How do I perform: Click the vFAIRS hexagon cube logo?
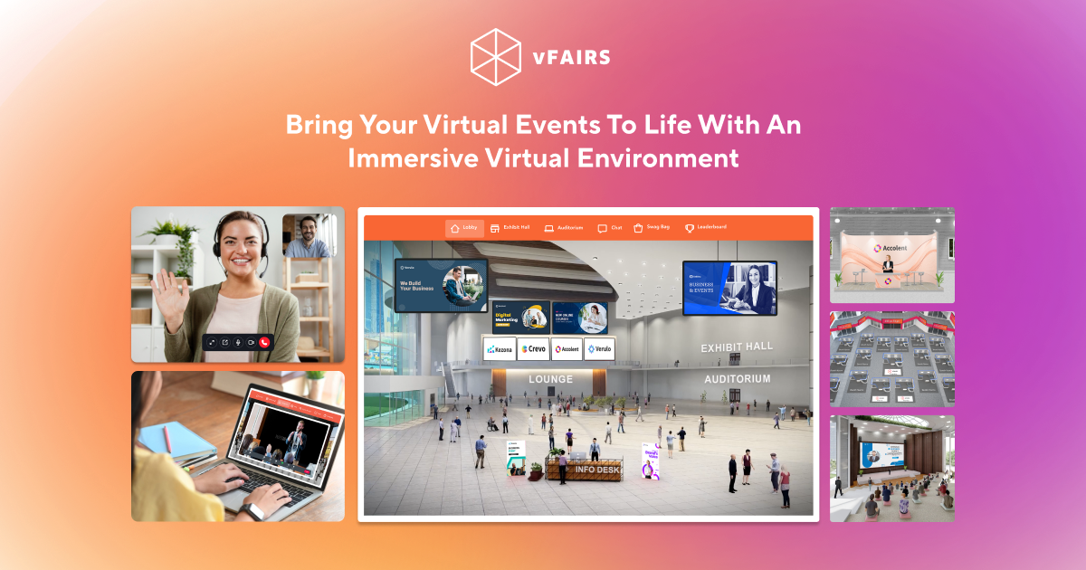click(497, 57)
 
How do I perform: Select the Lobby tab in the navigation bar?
click(464, 228)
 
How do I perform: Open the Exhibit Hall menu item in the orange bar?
click(510, 228)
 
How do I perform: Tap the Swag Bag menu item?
click(652, 228)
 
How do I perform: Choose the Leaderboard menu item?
click(705, 228)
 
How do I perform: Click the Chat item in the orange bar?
click(610, 228)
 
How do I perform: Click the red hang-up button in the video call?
click(264, 343)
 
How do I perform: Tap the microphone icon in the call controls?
click(238, 343)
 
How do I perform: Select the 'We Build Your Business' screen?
click(441, 285)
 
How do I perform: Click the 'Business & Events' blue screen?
click(729, 288)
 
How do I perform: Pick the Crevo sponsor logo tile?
click(533, 349)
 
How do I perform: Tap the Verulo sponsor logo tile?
click(598, 349)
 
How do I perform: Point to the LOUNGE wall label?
click(550, 379)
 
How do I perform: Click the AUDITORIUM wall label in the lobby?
click(738, 379)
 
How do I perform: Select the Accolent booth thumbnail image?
click(891, 255)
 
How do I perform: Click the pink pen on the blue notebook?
click(167, 440)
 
